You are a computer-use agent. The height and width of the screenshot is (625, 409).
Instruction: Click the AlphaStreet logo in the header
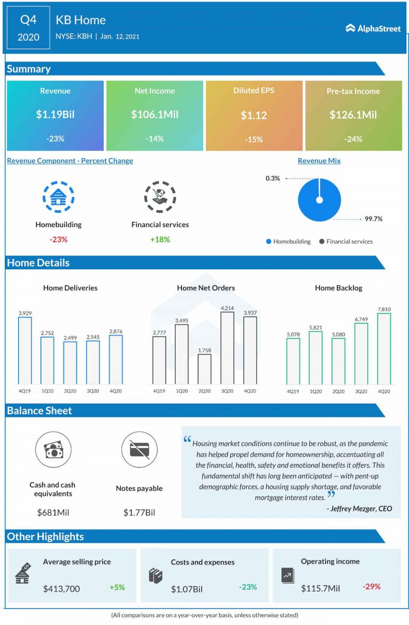(373, 28)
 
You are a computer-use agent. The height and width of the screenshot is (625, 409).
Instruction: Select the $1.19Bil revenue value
(55, 115)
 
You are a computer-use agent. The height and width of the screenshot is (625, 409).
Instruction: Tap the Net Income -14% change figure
(154, 139)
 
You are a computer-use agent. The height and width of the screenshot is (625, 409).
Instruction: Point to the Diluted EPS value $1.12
(253, 115)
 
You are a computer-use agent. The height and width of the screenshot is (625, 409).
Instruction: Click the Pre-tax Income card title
(353, 91)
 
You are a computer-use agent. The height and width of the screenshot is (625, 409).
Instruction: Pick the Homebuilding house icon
(58, 197)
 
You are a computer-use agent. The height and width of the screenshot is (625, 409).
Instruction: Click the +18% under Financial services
(160, 239)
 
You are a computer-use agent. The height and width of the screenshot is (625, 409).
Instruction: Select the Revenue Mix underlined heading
(319, 161)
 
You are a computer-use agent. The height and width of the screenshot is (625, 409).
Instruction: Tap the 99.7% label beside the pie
(373, 219)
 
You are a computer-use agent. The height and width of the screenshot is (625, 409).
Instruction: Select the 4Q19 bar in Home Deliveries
(25, 350)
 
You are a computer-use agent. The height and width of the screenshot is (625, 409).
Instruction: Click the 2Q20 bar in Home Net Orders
(204, 368)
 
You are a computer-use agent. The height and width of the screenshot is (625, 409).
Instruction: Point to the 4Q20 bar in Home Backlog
(384, 348)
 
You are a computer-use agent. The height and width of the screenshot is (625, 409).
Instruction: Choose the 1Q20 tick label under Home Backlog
(315, 391)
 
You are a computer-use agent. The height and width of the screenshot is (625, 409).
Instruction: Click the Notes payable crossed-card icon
(139, 450)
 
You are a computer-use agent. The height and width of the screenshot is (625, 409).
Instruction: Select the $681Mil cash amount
(53, 513)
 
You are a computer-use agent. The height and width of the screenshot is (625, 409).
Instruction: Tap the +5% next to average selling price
(117, 587)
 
